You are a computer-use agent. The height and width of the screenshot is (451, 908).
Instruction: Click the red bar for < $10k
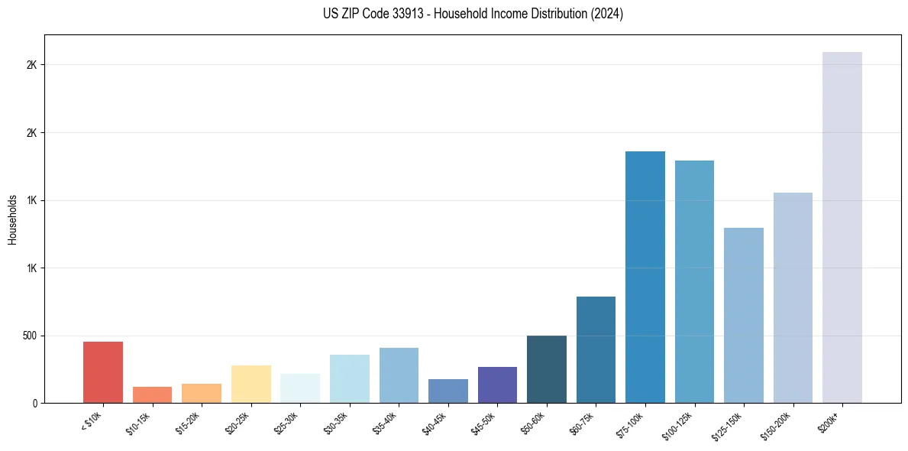coord(102,372)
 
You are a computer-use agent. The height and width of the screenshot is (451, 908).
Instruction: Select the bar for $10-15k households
coord(152,394)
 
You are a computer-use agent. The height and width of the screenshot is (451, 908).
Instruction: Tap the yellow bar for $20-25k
coord(250,384)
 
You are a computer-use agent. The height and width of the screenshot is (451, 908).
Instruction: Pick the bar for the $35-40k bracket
coord(399,375)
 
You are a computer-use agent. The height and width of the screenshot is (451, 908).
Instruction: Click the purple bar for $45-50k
coord(497,384)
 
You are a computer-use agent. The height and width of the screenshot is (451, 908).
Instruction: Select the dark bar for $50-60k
coord(547,369)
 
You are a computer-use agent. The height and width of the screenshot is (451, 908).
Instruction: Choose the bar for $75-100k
coord(645,277)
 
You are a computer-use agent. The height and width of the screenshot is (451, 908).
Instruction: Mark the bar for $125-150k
coord(744,315)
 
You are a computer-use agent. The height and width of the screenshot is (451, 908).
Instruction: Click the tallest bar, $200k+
coord(842,227)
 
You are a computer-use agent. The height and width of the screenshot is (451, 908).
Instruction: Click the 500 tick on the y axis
coord(31,336)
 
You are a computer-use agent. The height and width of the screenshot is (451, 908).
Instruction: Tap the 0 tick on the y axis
coord(35,403)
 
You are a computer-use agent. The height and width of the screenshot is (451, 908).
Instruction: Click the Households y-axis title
coord(12,219)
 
